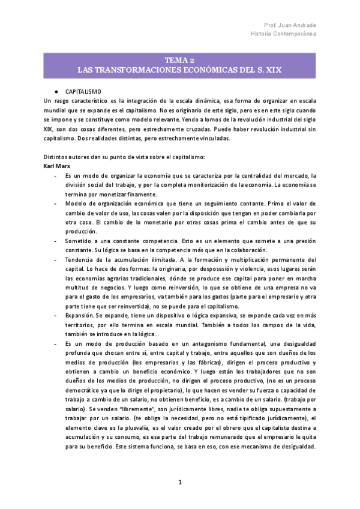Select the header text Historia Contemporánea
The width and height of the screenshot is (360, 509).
tap(284, 34)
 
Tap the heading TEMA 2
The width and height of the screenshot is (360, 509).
tap(179, 61)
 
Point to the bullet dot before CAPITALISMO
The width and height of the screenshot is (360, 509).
tap(55, 89)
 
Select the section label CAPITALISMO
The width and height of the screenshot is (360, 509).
tap(83, 89)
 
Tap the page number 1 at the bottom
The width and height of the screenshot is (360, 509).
tap(179, 483)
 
